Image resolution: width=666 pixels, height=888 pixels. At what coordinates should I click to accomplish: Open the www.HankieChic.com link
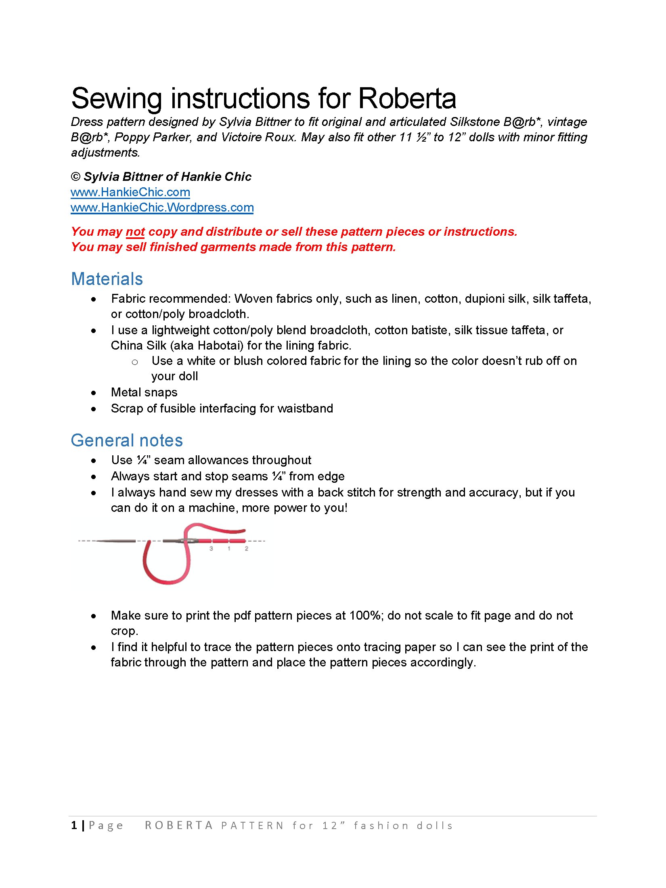(130, 192)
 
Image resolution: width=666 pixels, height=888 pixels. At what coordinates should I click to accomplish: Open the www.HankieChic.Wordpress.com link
(162, 207)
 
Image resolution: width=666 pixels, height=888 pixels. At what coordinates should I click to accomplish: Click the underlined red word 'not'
(135, 232)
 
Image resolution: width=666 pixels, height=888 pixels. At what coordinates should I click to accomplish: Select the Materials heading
(107, 279)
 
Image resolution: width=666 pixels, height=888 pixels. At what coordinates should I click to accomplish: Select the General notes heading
(127, 440)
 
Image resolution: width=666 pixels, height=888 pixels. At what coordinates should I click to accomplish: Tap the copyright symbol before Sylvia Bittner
(75, 177)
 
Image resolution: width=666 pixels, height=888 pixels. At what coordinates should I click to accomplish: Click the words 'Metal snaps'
(144, 392)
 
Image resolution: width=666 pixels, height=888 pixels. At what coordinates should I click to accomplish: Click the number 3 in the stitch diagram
(211, 549)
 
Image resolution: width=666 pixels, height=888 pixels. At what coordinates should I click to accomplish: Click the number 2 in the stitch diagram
(246, 549)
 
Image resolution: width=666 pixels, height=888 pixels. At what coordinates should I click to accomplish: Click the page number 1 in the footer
(74, 826)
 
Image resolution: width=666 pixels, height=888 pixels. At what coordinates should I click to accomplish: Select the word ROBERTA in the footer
(179, 826)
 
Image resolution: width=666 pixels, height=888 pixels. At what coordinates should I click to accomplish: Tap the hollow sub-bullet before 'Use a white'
(135, 362)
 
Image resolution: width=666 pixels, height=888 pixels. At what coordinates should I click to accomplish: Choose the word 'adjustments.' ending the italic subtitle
(105, 153)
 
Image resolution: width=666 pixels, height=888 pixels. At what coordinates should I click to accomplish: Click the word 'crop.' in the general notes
(124, 631)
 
